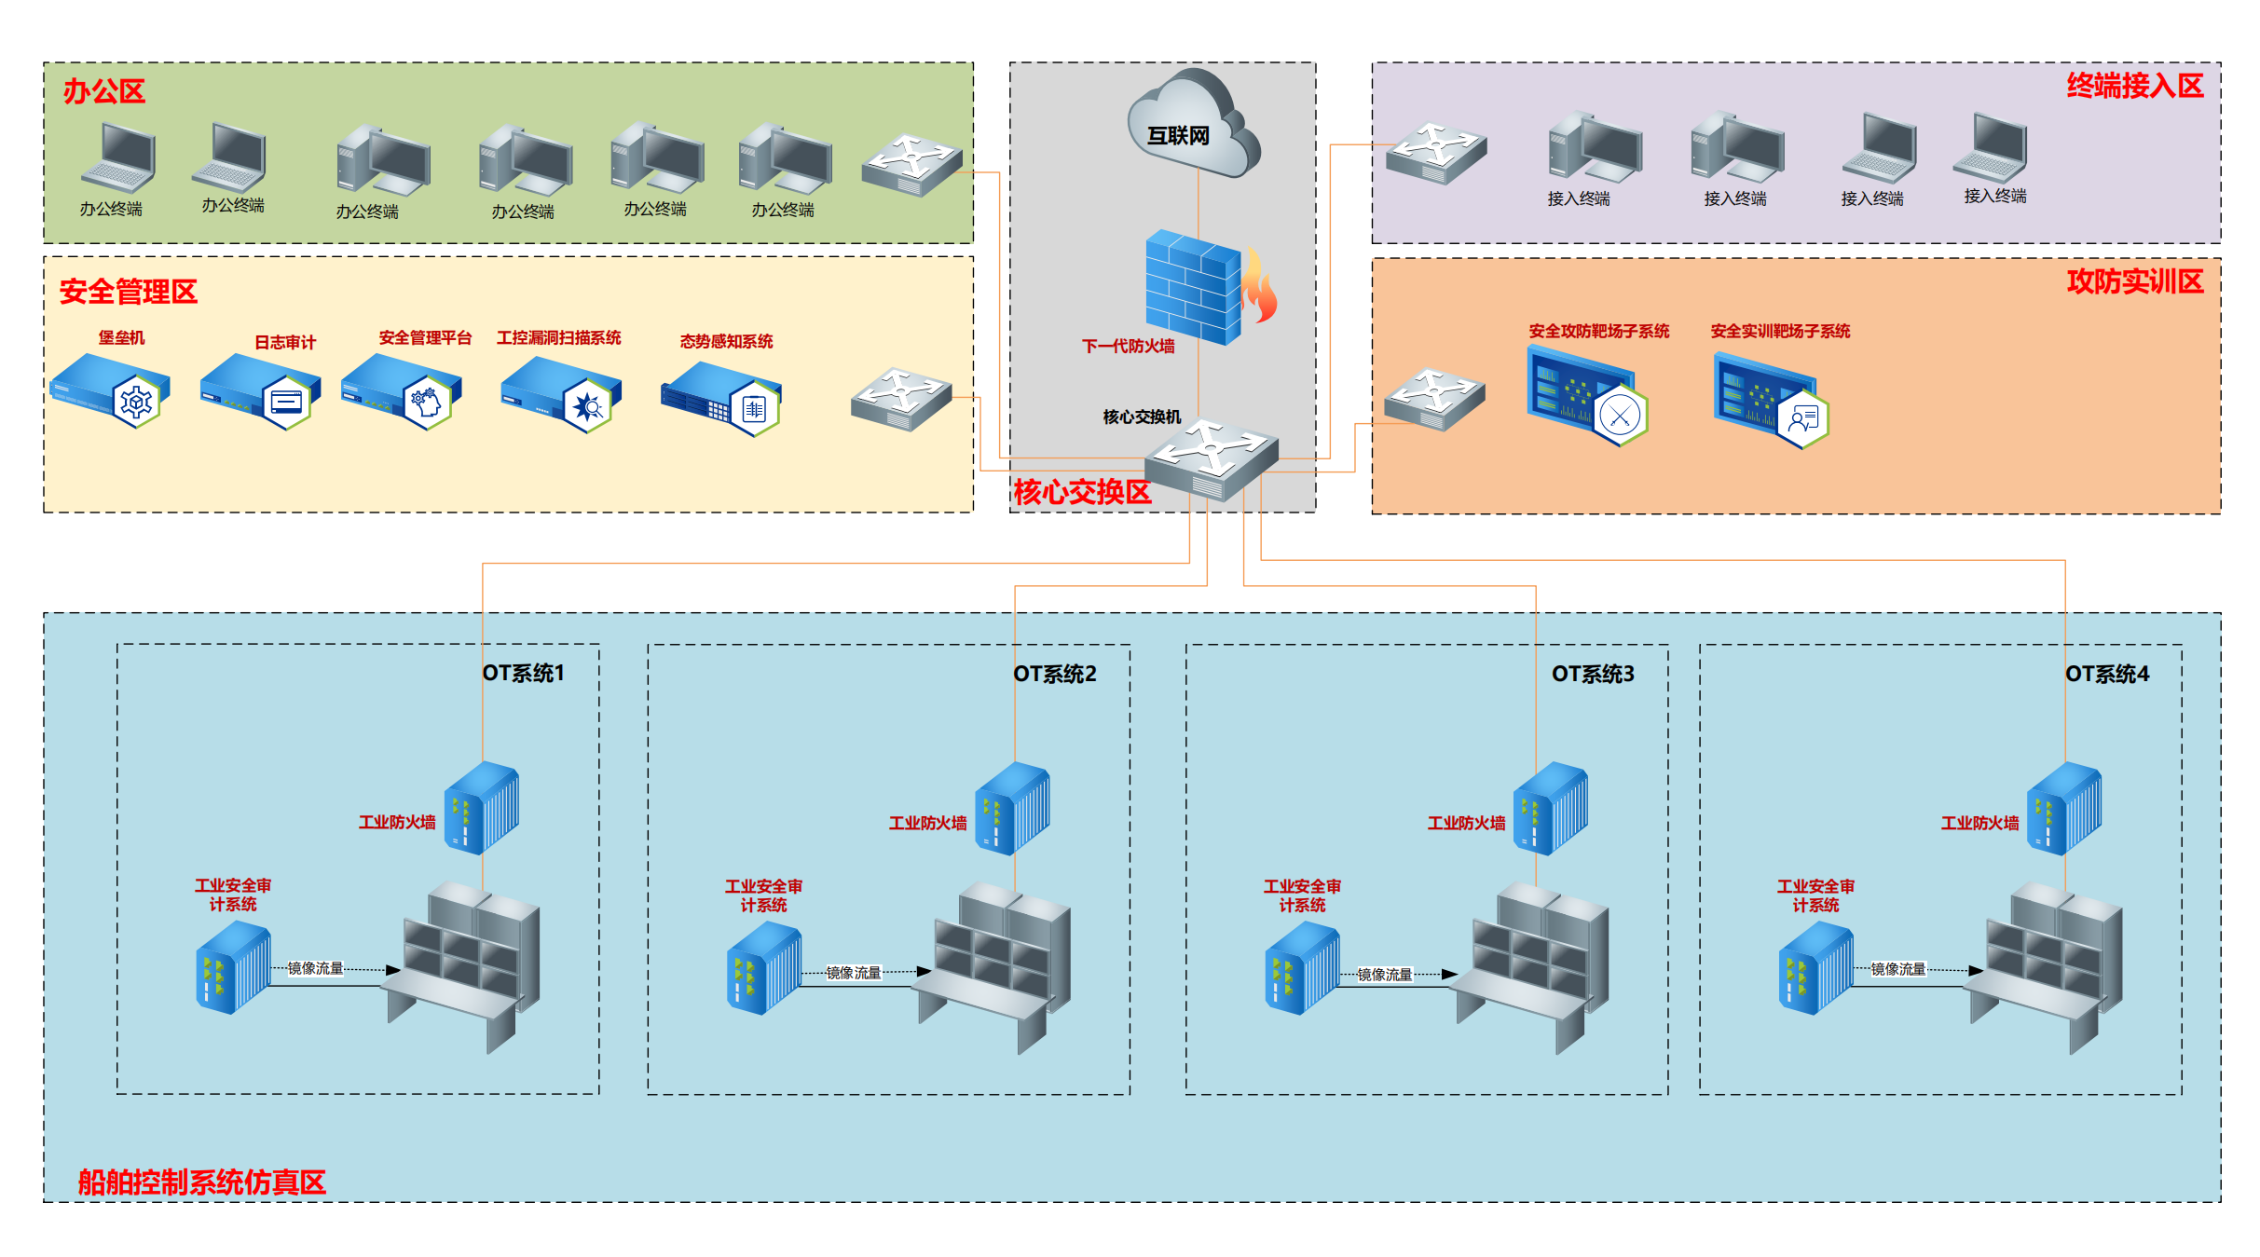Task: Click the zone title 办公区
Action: tap(103, 91)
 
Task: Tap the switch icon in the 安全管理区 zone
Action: tap(900, 399)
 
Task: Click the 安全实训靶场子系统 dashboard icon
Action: tap(1770, 399)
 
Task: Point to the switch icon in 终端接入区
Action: tap(1435, 152)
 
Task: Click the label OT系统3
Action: tap(1592, 674)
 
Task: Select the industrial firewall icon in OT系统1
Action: tap(482, 808)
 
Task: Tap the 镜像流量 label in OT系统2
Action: tap(853, 973)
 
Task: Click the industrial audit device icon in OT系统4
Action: tap(1815, 968)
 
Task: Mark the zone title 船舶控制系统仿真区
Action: tap(201, 1182)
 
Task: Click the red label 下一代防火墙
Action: tap(1128, 347)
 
